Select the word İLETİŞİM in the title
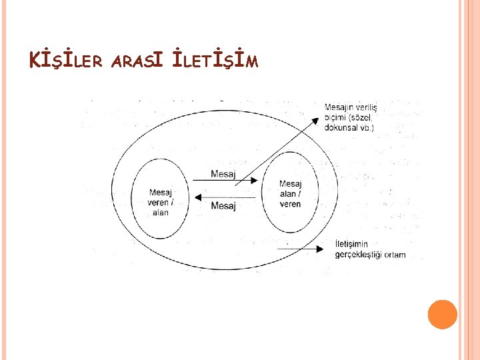(214, 62)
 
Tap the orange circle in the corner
(442, 314)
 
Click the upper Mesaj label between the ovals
(223, 174)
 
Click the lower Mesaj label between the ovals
(223, 205)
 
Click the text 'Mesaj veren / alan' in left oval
(160, 203)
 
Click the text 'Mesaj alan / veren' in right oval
(290, 194)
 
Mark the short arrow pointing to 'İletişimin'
(307, 247)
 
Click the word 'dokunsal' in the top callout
(342, 127)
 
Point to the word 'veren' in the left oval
(158, 203)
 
